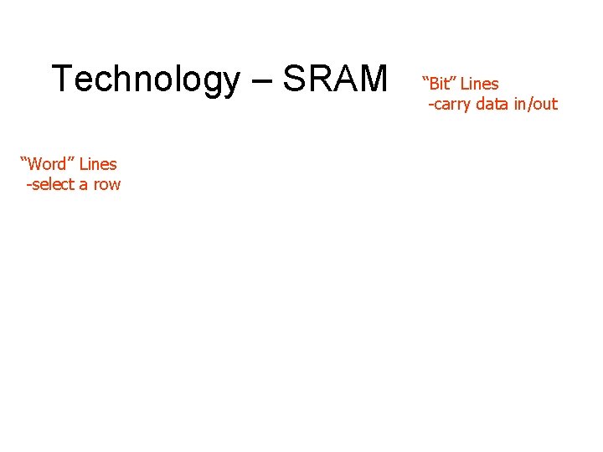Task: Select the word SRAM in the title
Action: tap(335, 80)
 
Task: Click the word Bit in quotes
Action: tap(441, 84)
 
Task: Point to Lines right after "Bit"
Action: tap(479, 84)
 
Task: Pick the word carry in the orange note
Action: tap(453, 105)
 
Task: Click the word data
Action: tap(498, 104)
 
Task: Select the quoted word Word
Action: tap(52, 164)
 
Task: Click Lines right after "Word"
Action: tap(98, 164)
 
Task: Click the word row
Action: tap(106, 185)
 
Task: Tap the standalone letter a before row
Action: tap(84, 185)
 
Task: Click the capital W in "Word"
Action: tap(38, 164)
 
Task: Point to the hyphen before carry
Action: tap(431, 105)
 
